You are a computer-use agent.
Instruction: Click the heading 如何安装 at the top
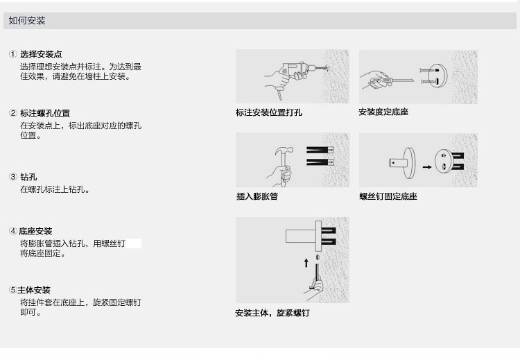pos(26,21)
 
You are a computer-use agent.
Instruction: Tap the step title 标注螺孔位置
pos(44,113)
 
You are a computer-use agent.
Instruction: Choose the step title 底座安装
pos(35,231)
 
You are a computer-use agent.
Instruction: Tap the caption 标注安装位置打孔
pos(269,112)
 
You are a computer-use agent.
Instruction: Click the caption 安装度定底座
pos(383,112)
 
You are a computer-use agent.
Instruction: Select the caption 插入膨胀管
pos(257,196)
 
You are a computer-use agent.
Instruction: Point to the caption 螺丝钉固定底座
pos(388,196)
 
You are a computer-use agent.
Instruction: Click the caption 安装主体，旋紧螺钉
pos(272,314)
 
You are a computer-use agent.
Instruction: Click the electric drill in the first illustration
pos(295,70)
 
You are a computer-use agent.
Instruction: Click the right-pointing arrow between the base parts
pos(426,166)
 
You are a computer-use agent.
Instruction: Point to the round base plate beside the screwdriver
pos(438,75)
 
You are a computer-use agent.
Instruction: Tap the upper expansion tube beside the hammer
pos(320,149)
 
